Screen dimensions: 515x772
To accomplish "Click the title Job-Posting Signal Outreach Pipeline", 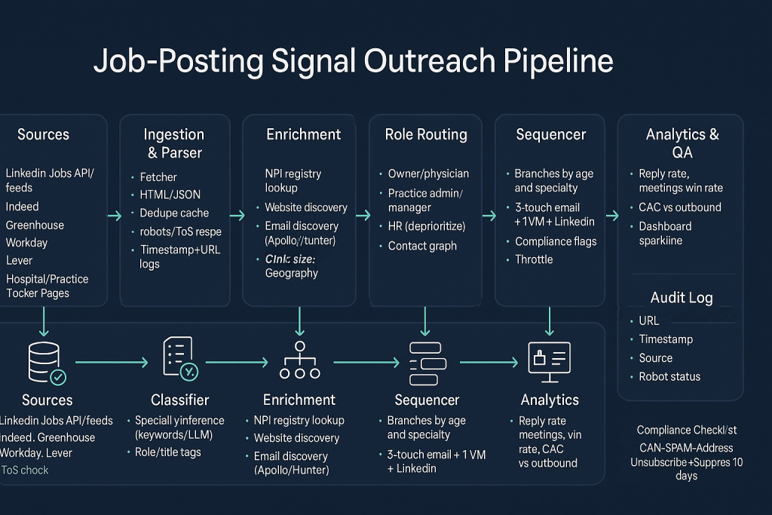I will (x=353, y=61).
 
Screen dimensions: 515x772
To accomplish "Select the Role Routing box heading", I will (x=426, y=135).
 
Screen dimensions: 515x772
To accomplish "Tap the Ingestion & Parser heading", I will (x=174, y=143).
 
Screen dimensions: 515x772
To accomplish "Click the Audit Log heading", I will (x=682, y=297).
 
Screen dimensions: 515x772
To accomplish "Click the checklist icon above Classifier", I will (x=179, y=359).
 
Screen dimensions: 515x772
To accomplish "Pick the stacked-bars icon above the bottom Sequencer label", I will (x=427, y=363).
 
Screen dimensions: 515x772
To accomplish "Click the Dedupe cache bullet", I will (x=174, y=213).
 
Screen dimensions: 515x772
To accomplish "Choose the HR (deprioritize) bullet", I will (x=427, y=226).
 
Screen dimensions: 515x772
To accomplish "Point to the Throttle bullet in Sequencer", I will (x=534, y=259).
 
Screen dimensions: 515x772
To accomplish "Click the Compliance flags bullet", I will (x=556, y=241).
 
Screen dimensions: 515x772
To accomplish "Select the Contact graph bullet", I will (x=422, y=246).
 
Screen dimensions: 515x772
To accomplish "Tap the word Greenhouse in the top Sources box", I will (x=35, y=225).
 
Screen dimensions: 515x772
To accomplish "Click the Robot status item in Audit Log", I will (x=669, y=376).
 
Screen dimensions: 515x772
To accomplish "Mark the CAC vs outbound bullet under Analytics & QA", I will (x=680, y=207).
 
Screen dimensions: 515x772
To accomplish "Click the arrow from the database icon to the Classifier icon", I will (x=112, y=363).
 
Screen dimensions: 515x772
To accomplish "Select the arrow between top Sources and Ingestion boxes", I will (x=114, y=216).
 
